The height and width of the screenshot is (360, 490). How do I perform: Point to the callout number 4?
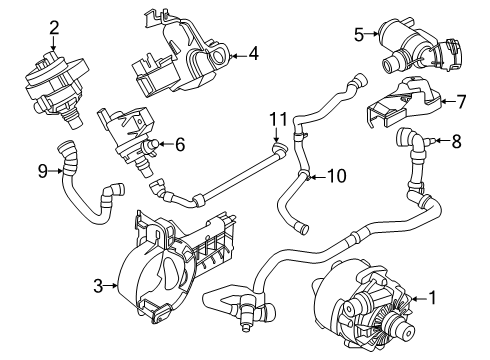coord(254,54)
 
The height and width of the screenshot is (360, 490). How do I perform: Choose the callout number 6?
coord(180,144)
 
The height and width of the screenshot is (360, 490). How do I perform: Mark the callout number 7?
coord(461,100)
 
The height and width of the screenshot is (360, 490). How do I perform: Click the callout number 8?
coord(456,142)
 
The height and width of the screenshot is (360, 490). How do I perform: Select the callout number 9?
coord(41,171)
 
